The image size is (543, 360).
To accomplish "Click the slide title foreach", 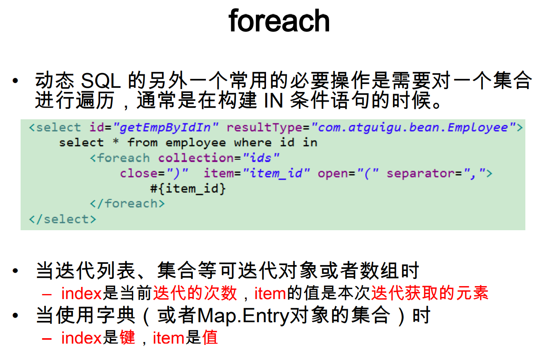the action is click(279, 21).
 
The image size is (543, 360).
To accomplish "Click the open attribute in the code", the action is click(333, 173).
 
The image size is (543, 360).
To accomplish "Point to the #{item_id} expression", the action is click(188, 189).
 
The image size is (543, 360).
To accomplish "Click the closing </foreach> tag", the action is click(127, 204).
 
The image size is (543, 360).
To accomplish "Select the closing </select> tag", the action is click(62, 219).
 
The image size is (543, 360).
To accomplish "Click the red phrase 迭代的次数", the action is click(195, 293).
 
